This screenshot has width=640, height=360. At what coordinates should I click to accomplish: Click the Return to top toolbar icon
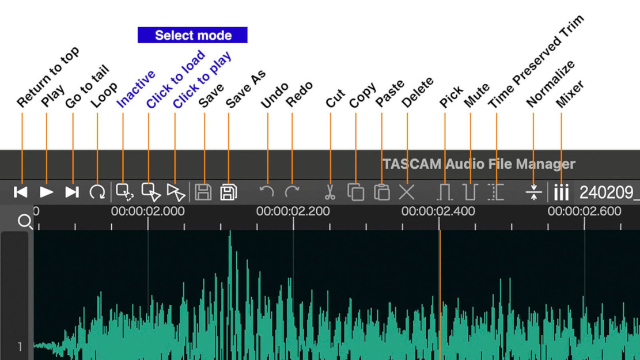point(21,192)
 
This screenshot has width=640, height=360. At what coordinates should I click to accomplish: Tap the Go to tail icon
point(72,192)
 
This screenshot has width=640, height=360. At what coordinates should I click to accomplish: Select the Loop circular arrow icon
point(97,192)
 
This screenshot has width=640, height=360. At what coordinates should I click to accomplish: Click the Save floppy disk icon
point(203,192)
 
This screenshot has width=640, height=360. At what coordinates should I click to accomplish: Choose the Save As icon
point(228,192)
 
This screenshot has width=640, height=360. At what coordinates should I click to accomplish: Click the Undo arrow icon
point(266,191)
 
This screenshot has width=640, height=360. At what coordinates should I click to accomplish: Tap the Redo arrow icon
point(292,191)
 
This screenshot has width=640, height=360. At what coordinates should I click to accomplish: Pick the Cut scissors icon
point(330,192)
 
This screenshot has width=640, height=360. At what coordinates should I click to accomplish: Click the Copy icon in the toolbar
point(355,192)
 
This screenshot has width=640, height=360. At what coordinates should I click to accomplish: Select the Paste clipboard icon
point(381,192)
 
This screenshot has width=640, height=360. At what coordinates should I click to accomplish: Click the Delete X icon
point(407,192)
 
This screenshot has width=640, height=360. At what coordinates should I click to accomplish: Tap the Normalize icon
point(533,192)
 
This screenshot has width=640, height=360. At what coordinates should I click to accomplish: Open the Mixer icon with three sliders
point(561,192)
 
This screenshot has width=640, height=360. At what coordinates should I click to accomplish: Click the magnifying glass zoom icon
point(25,221)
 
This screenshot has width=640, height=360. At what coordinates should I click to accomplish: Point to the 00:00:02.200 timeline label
point(293,211)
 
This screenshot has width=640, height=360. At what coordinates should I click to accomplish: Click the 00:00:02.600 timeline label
point(584,211)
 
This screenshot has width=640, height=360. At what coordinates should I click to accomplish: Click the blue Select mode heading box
point(192,35)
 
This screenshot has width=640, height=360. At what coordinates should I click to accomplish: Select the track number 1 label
point(20,346)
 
